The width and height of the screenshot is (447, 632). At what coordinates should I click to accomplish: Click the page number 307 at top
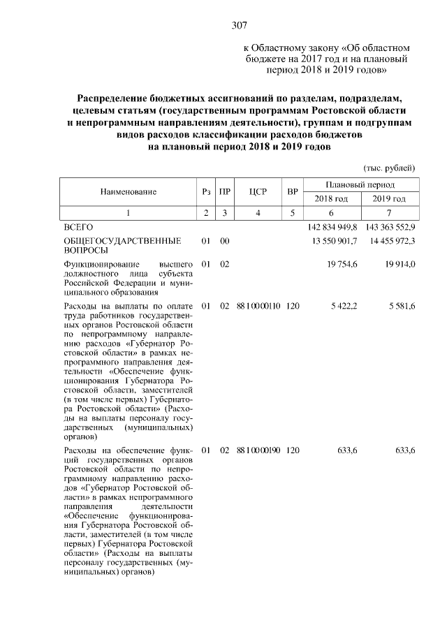[240, 25]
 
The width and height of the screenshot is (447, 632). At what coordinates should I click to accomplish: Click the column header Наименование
[128, 191]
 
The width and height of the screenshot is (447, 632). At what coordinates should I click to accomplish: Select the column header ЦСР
[258, 191]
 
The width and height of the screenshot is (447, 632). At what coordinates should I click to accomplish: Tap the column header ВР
[293, 191]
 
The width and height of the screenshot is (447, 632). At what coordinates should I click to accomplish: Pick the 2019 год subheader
[390, 199]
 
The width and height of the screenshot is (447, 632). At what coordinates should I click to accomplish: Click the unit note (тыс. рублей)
[390, 168]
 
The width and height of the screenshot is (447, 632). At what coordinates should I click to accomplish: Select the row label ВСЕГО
[78, 228]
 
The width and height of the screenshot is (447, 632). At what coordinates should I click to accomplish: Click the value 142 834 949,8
[332, 228]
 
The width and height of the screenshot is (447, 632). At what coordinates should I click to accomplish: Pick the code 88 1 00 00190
[258, 451]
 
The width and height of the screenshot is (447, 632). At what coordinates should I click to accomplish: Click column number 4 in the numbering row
[258, 214]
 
